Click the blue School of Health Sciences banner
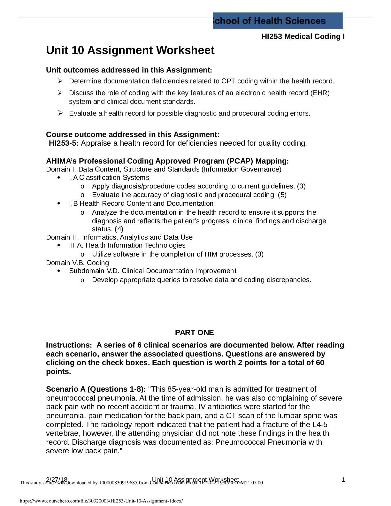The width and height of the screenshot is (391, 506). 277,21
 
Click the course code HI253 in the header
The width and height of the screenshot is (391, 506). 272,36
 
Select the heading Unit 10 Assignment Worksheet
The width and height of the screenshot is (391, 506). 130,50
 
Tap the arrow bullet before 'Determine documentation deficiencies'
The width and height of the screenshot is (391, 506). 60,81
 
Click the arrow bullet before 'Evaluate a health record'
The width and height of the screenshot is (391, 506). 60,113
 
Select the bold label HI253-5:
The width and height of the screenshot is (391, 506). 63,143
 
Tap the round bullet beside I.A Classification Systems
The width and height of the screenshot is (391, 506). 58,178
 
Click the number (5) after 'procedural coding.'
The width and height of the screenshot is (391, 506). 282,195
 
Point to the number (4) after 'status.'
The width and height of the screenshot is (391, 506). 119,229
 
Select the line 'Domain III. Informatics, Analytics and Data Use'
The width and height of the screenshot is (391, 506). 119,237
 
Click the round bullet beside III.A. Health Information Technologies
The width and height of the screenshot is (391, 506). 58,245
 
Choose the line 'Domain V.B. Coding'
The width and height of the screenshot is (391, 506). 78,263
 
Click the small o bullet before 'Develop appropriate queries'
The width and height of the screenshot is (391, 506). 82,280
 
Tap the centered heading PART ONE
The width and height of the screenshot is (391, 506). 194,333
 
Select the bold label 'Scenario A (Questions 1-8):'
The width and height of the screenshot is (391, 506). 96,389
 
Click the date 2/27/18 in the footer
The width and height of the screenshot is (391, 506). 57,479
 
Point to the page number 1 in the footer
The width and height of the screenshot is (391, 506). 343,479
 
